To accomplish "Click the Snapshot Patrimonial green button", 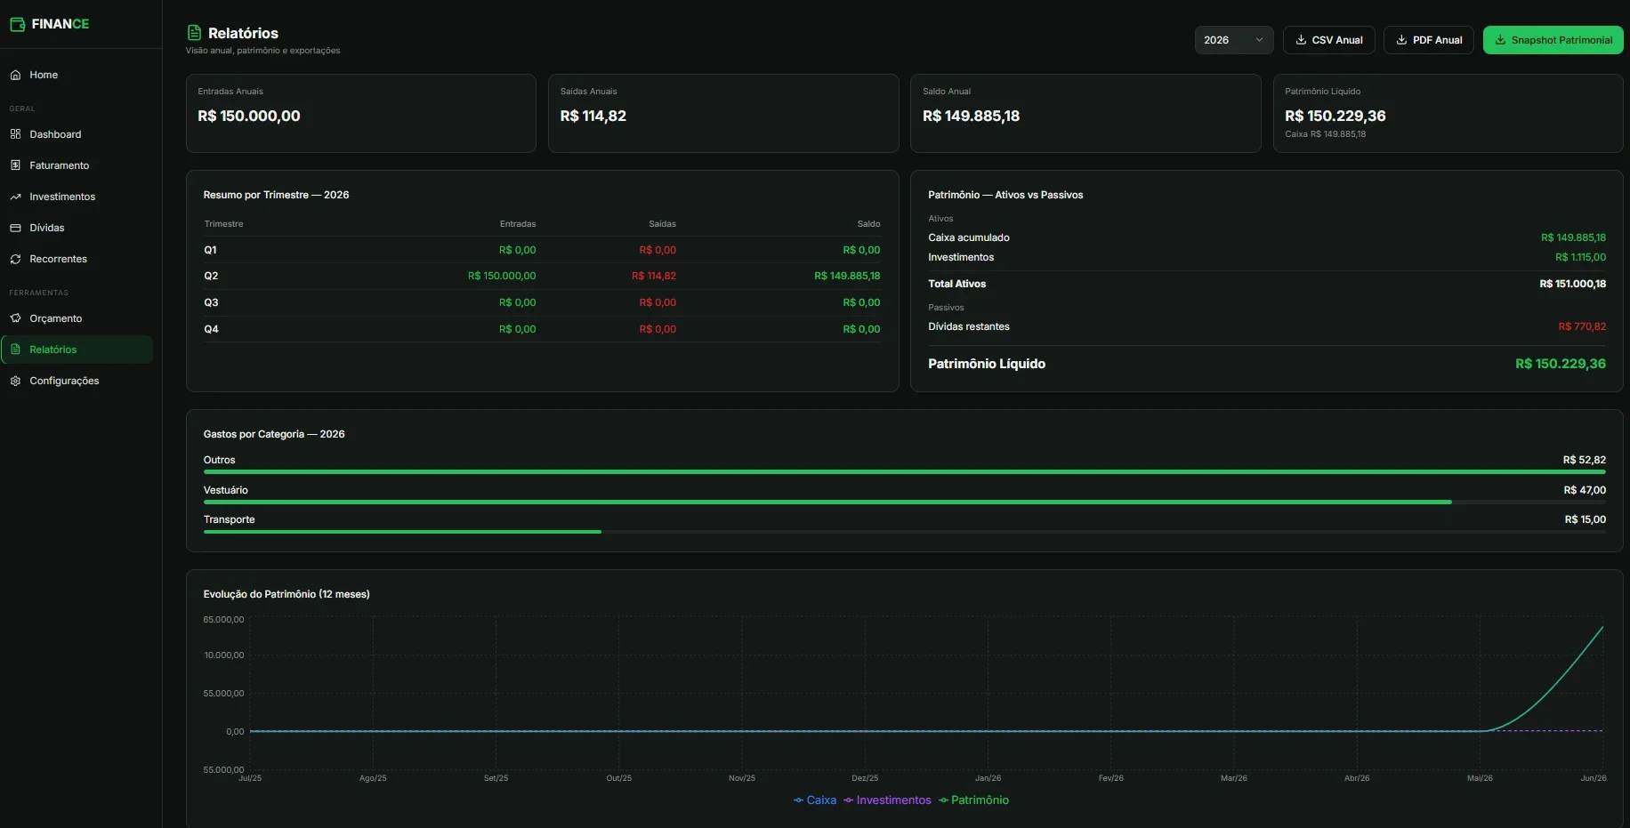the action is point(1553,40).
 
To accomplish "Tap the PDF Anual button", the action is point(1429,40).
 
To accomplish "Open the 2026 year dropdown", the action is point(1233,40).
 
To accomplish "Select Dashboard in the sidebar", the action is point(55,134).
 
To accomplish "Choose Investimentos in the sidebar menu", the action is point(62,197).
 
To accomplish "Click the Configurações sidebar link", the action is point(64,381).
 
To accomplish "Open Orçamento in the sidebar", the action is point(55,318).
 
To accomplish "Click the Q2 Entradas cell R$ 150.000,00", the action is point(502,276).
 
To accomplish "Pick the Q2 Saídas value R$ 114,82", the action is point(654,276).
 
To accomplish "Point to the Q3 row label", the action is point(211,302).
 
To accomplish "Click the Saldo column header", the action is point(868,224).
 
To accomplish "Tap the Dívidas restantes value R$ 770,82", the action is point(1582,326).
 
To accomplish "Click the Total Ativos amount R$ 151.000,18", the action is point(1572,284).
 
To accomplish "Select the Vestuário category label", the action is point(226,490).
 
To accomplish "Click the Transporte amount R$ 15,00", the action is point(1585,519).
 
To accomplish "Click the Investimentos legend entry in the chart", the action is point(887,800).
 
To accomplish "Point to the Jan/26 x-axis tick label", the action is point(988,778).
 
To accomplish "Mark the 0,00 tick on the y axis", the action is point(235,732).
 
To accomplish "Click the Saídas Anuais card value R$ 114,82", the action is point(593,116).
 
